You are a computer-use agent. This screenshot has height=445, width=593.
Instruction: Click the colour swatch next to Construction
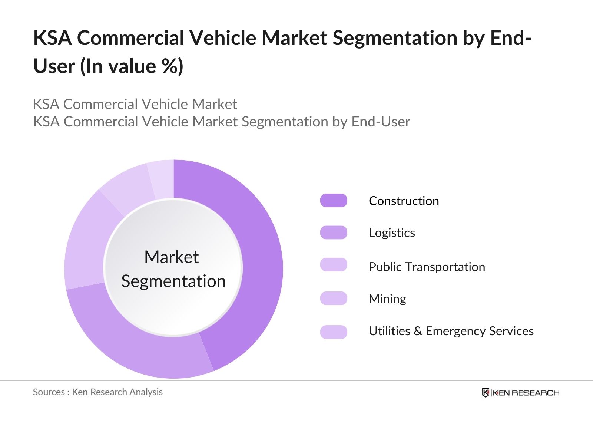tap(334, 201)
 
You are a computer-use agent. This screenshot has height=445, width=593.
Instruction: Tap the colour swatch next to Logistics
tap(334, 233)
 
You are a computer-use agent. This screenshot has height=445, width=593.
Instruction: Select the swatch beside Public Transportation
tap(334, 265)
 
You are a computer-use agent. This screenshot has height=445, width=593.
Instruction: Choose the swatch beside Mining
tap(334, 298)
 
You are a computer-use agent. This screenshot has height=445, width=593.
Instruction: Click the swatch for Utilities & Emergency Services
tap(334, 332)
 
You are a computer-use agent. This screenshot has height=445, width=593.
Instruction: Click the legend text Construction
tap(404, 201)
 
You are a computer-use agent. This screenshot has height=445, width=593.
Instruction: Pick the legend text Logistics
tap(392, 233)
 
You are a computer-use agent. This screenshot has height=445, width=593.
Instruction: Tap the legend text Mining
tap(387, 299)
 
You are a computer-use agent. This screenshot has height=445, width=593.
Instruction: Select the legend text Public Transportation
tap(427, 267)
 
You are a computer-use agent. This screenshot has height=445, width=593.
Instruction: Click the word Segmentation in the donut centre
tap(173, 281)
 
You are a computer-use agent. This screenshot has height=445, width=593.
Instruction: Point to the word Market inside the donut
tap(171, 257)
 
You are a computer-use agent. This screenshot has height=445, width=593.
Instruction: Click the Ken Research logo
tap(520, 393)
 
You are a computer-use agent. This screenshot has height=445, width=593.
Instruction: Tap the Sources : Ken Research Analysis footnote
tap(98, 392)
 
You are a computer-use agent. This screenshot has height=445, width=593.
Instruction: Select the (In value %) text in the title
tap(132, 67)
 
